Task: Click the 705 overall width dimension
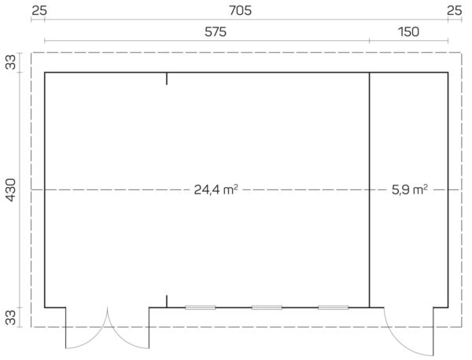pos(240,11)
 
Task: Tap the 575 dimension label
pos(216,32)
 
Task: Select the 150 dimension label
pos(408,32)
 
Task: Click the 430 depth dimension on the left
pos(11,190)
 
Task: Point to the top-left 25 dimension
pos(39,11)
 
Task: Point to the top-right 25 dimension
pos(454,11)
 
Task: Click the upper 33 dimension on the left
pos(11,62)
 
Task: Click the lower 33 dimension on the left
pos(11,318)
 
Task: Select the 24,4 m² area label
pos(216,189)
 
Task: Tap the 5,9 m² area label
pos(409,189)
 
